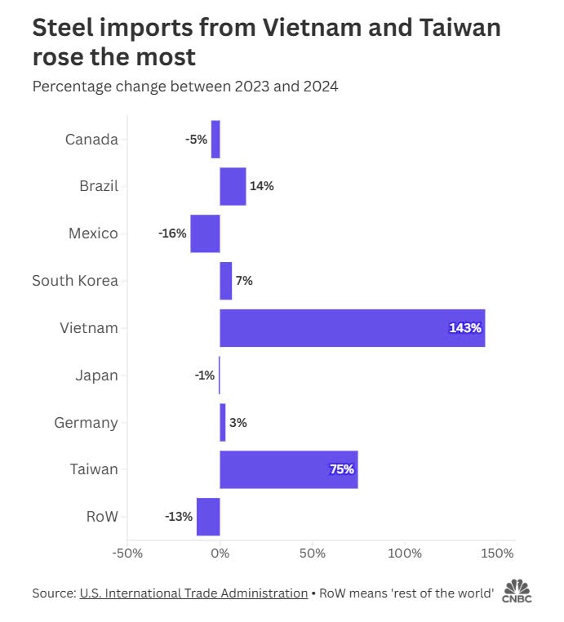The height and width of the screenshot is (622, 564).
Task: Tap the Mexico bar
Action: coord(205,233)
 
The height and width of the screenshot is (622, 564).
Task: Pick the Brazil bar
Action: coord(233,186)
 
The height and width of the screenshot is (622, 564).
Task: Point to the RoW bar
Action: coord(208,517)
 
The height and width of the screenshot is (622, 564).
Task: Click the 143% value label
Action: coord(465,328)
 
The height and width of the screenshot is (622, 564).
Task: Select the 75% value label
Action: coord(341,469)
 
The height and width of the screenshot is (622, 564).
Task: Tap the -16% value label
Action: coord(171,233)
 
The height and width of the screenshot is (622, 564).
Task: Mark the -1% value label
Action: coord(204,375)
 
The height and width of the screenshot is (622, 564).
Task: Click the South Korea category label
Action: coord(75,281)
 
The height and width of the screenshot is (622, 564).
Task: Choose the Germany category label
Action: coord(86,423)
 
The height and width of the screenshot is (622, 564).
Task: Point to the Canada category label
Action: coord(91,139)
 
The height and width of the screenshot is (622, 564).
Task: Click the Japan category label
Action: coord(96,375)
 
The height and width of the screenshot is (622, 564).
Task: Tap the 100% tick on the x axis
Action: coord(405,553)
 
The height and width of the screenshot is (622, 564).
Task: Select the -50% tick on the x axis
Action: coord(127,553)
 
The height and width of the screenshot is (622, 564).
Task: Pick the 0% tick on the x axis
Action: coord(220,553)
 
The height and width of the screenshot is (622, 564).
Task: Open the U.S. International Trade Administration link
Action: coord(193,593)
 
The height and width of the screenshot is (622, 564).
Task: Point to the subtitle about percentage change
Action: coord(185,86)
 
